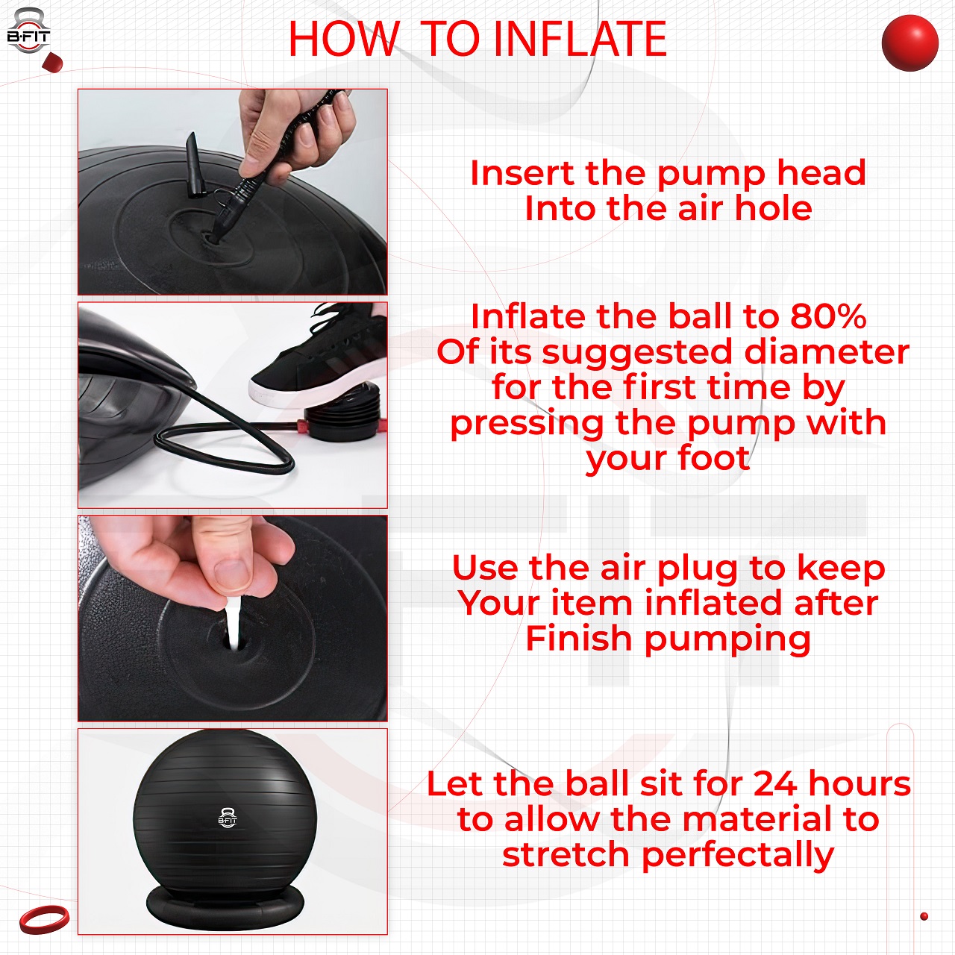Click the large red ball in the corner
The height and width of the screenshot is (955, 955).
pos(909,43)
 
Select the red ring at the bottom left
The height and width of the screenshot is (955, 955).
pos(44,919)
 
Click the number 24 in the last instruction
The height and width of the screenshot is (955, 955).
pos(776,784)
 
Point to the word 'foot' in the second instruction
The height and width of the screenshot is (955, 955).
pos(713,458)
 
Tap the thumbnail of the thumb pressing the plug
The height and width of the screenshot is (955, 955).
pos(231,573)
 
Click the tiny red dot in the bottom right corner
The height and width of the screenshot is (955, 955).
pos(924,916)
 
